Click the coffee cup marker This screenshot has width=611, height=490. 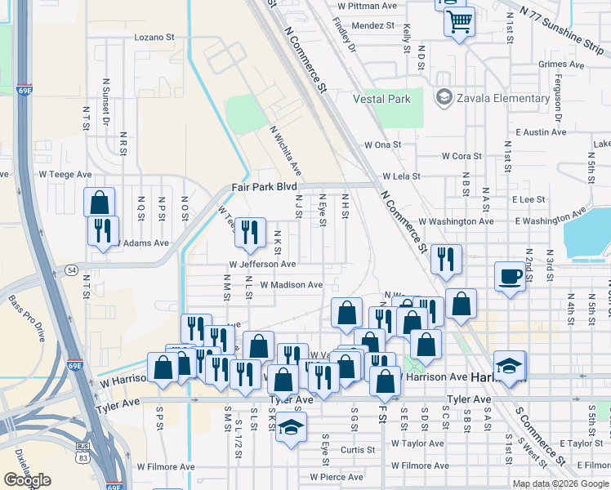pos(511,276)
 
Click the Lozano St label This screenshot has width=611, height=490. pos(154,37)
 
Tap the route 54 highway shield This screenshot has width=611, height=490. pos(72,269)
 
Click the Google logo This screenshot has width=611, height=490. pos(27,479)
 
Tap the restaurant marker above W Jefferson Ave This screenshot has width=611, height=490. pos(250,232)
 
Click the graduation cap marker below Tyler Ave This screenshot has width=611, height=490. pos(290,426)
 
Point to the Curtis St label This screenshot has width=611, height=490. pos(358,450)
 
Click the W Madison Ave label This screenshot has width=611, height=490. pos(291,285)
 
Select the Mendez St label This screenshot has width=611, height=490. pos(372,26)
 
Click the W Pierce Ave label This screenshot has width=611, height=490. pos(336,477)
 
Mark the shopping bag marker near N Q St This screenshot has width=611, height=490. pos(99,202)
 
